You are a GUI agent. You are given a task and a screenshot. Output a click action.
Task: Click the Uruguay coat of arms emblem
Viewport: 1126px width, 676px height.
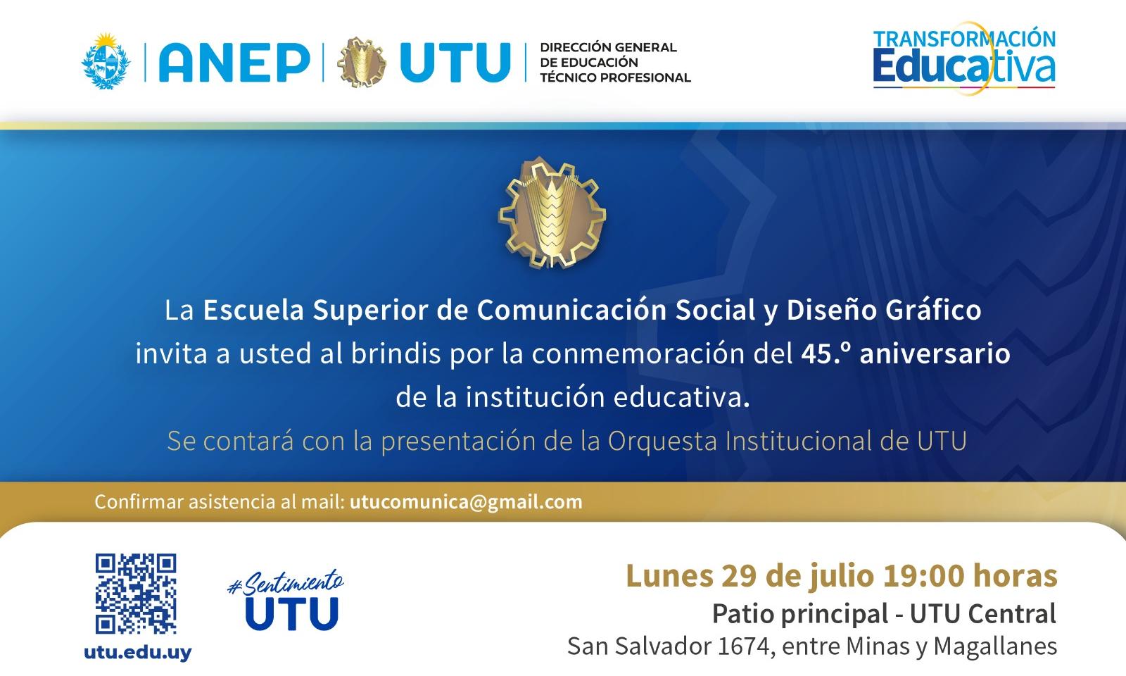(x=106, y=61)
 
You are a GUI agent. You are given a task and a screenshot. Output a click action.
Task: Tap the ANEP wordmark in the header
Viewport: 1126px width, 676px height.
(x=234, y=63)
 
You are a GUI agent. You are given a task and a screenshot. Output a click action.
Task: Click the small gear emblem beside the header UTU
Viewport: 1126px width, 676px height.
(x=362, y=63)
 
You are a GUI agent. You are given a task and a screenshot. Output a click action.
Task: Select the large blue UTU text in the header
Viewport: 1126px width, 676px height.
(x=455, y=63)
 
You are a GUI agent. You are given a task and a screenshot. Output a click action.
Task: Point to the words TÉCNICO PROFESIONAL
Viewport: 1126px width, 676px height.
(x=615, y=77)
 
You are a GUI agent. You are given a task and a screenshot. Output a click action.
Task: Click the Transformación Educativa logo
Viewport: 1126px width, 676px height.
(x=964, y=58)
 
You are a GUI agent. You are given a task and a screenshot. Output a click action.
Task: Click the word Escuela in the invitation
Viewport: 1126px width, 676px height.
(x=253, y=310)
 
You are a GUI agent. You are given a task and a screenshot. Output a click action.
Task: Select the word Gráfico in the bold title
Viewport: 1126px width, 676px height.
(x=933, y=310)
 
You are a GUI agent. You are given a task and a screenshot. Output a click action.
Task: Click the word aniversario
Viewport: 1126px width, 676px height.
(x=935, y=353)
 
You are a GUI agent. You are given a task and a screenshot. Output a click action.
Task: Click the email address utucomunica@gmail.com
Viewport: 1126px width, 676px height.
(x=466, y=502)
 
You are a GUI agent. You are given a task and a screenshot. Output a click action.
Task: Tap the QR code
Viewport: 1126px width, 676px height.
(x=136, y=594)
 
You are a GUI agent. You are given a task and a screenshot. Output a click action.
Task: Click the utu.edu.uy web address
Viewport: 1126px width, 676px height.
(x=138, y=653)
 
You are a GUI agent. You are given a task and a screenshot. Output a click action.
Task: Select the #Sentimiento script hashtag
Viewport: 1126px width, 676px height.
(x=286, y=584)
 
